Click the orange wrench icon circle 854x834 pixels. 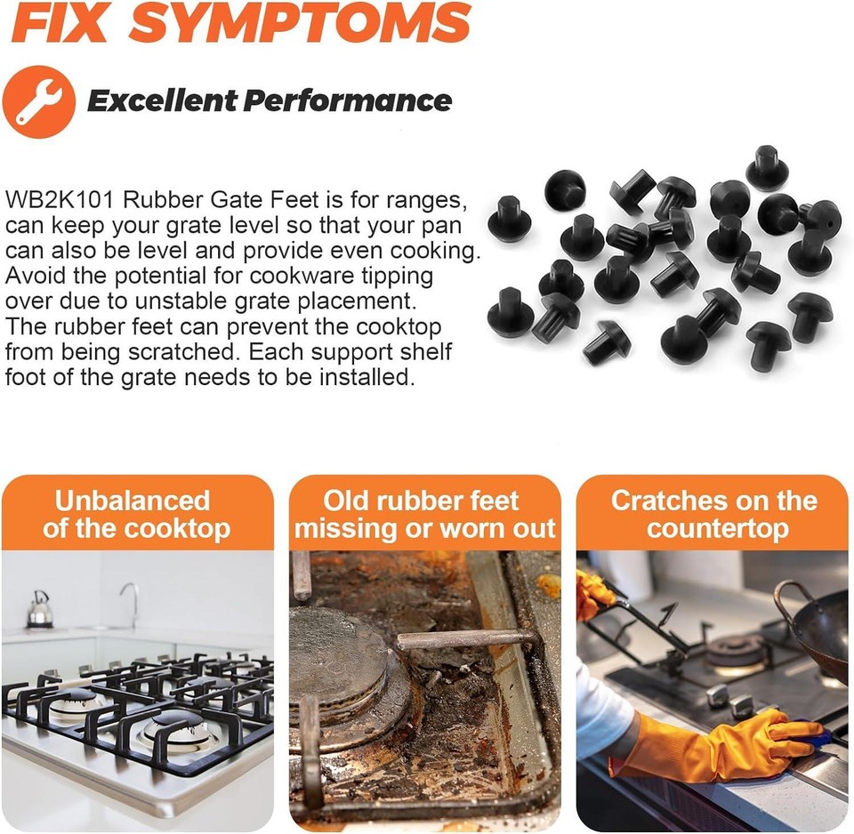38,100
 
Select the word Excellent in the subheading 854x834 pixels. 161,100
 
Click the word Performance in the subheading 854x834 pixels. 348,100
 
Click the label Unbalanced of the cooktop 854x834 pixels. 136,514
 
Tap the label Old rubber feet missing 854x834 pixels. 424,514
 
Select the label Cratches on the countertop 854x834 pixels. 713,514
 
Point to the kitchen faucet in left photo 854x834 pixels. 132,603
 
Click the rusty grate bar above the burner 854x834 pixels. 463,638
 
